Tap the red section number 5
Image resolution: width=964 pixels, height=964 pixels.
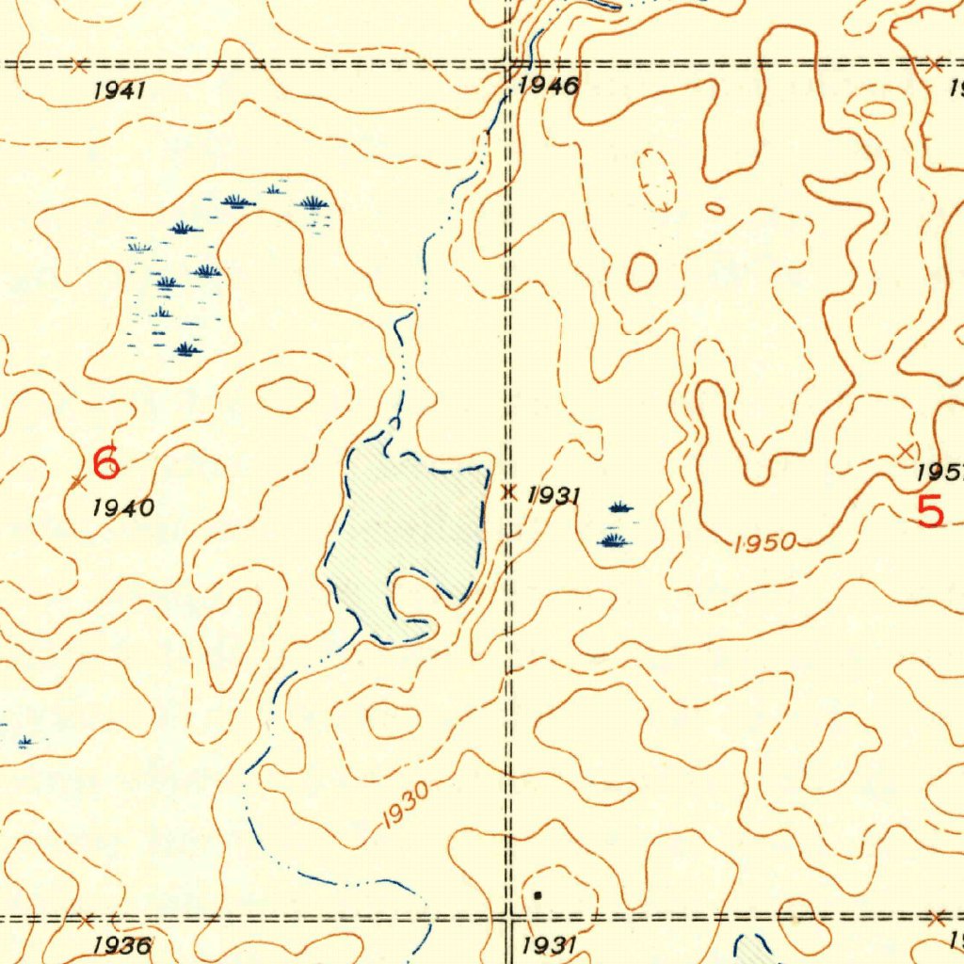click(930, 512)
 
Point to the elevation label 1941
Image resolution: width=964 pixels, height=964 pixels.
click(120, 91)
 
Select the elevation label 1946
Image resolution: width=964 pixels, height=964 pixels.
click(548, 88)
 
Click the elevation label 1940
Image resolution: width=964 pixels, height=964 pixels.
click(124, 508)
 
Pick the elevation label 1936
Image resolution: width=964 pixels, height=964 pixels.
click(122, 945)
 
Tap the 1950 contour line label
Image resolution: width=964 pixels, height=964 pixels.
click(765, 543)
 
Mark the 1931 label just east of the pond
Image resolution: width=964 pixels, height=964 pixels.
click(554, 495)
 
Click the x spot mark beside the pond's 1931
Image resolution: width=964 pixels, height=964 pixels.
click(510, 491)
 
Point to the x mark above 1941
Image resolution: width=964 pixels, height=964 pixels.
click(79, 65)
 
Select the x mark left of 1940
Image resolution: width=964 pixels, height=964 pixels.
click(78, 483)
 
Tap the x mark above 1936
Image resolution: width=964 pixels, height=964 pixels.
click(86, 920)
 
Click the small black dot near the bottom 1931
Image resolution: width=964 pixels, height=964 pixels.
click(538, 895)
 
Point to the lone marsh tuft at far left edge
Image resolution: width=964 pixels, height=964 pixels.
click(25, 742)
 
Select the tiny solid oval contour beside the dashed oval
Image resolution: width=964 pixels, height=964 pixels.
click(715, 208)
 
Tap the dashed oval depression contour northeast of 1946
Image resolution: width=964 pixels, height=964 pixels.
click(657, 179)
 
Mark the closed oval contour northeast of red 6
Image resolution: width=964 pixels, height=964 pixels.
click(284, 394)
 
